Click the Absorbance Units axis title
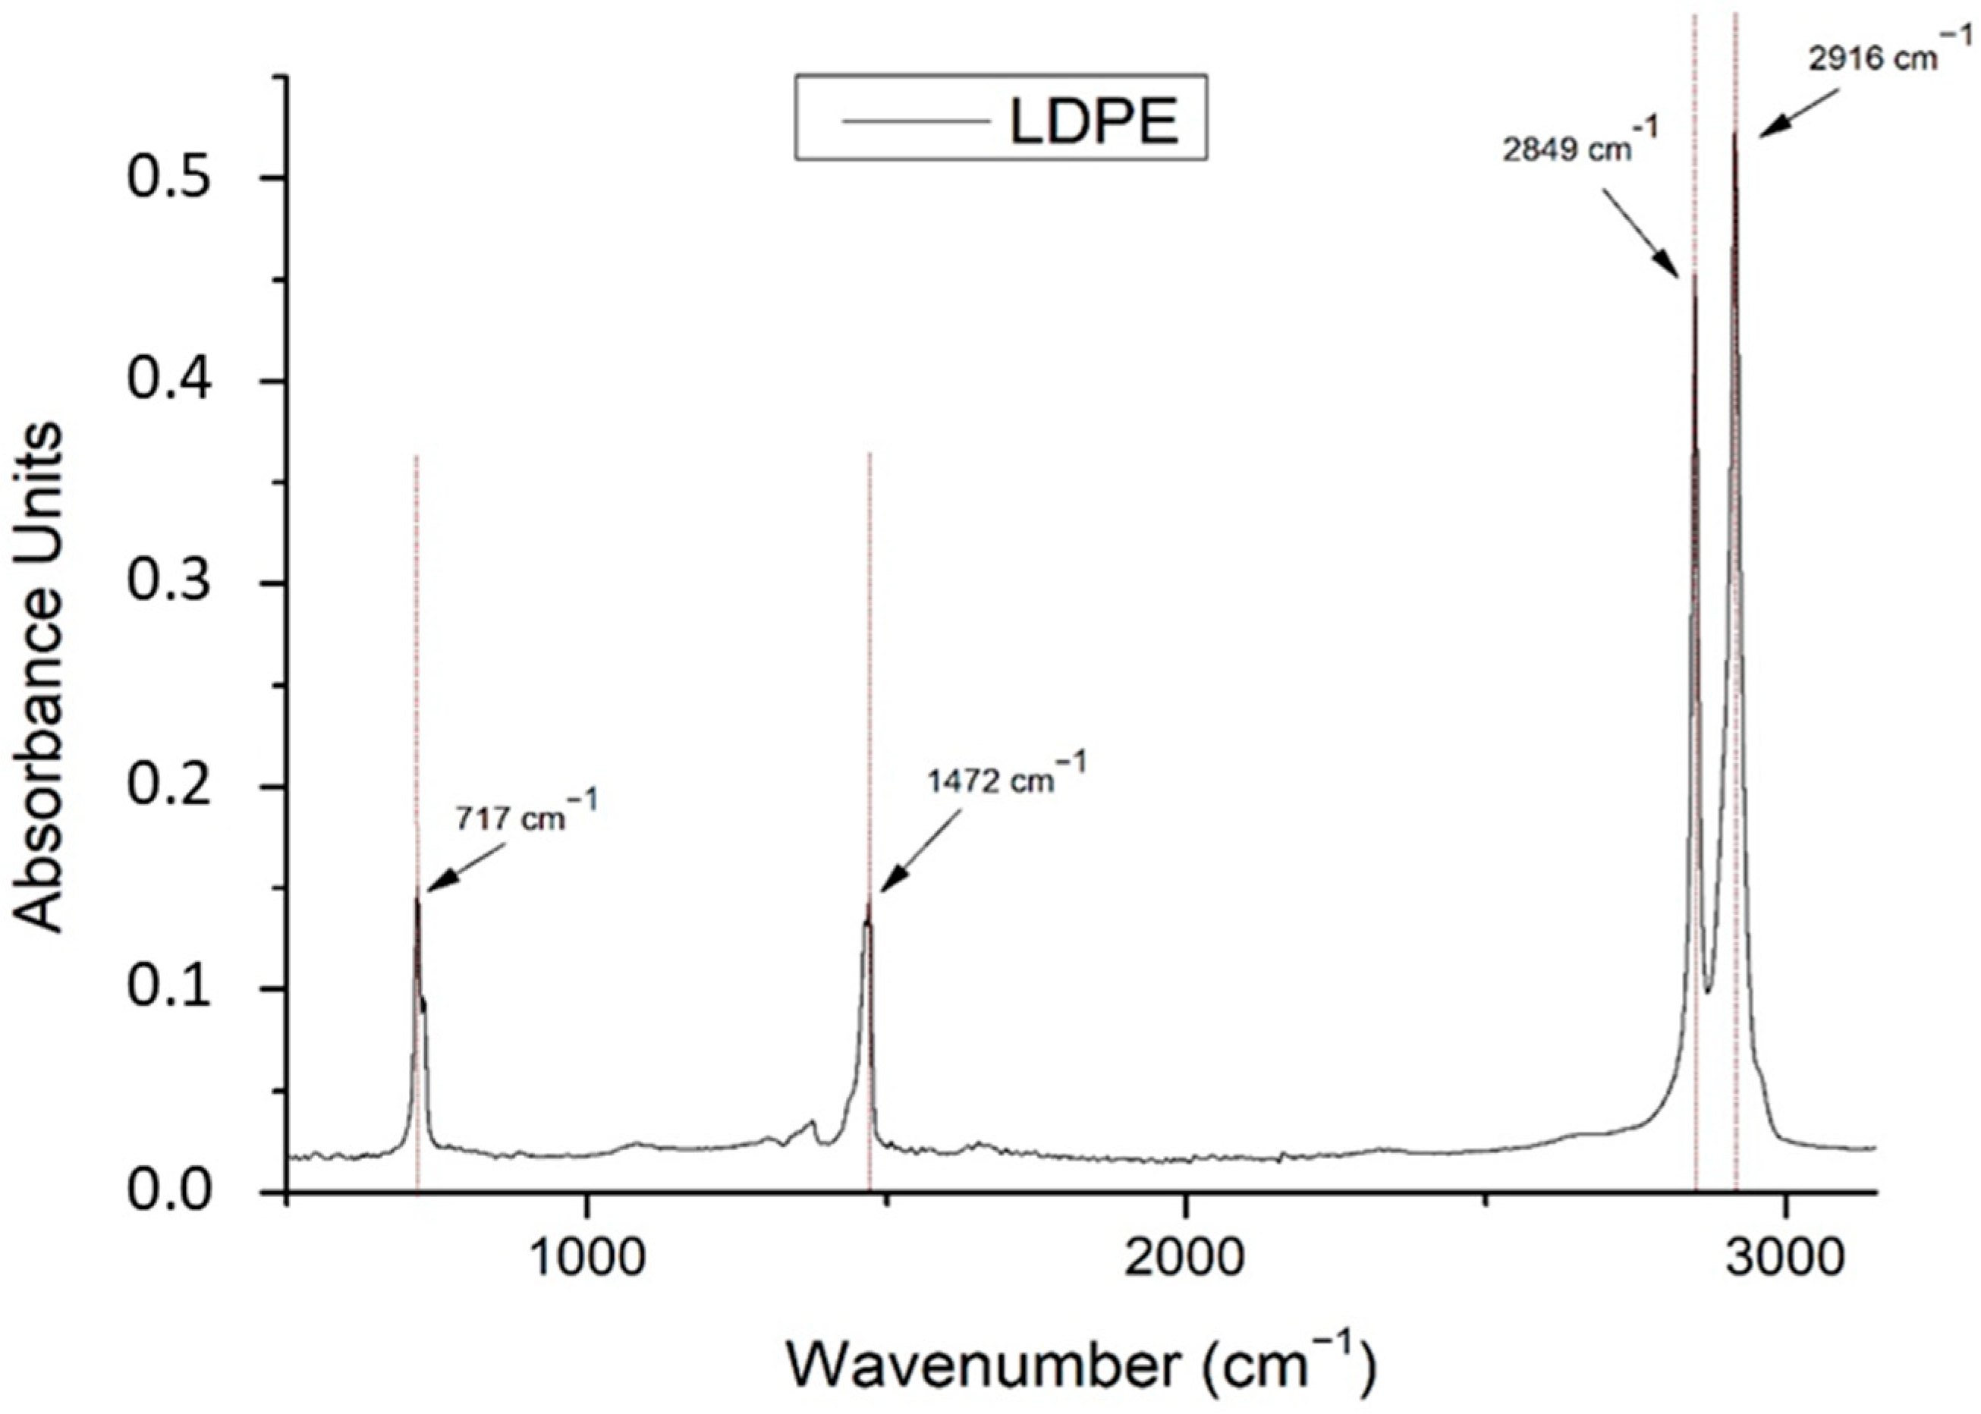[x=39, y=679]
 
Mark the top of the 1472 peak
[x=868, y=900]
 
